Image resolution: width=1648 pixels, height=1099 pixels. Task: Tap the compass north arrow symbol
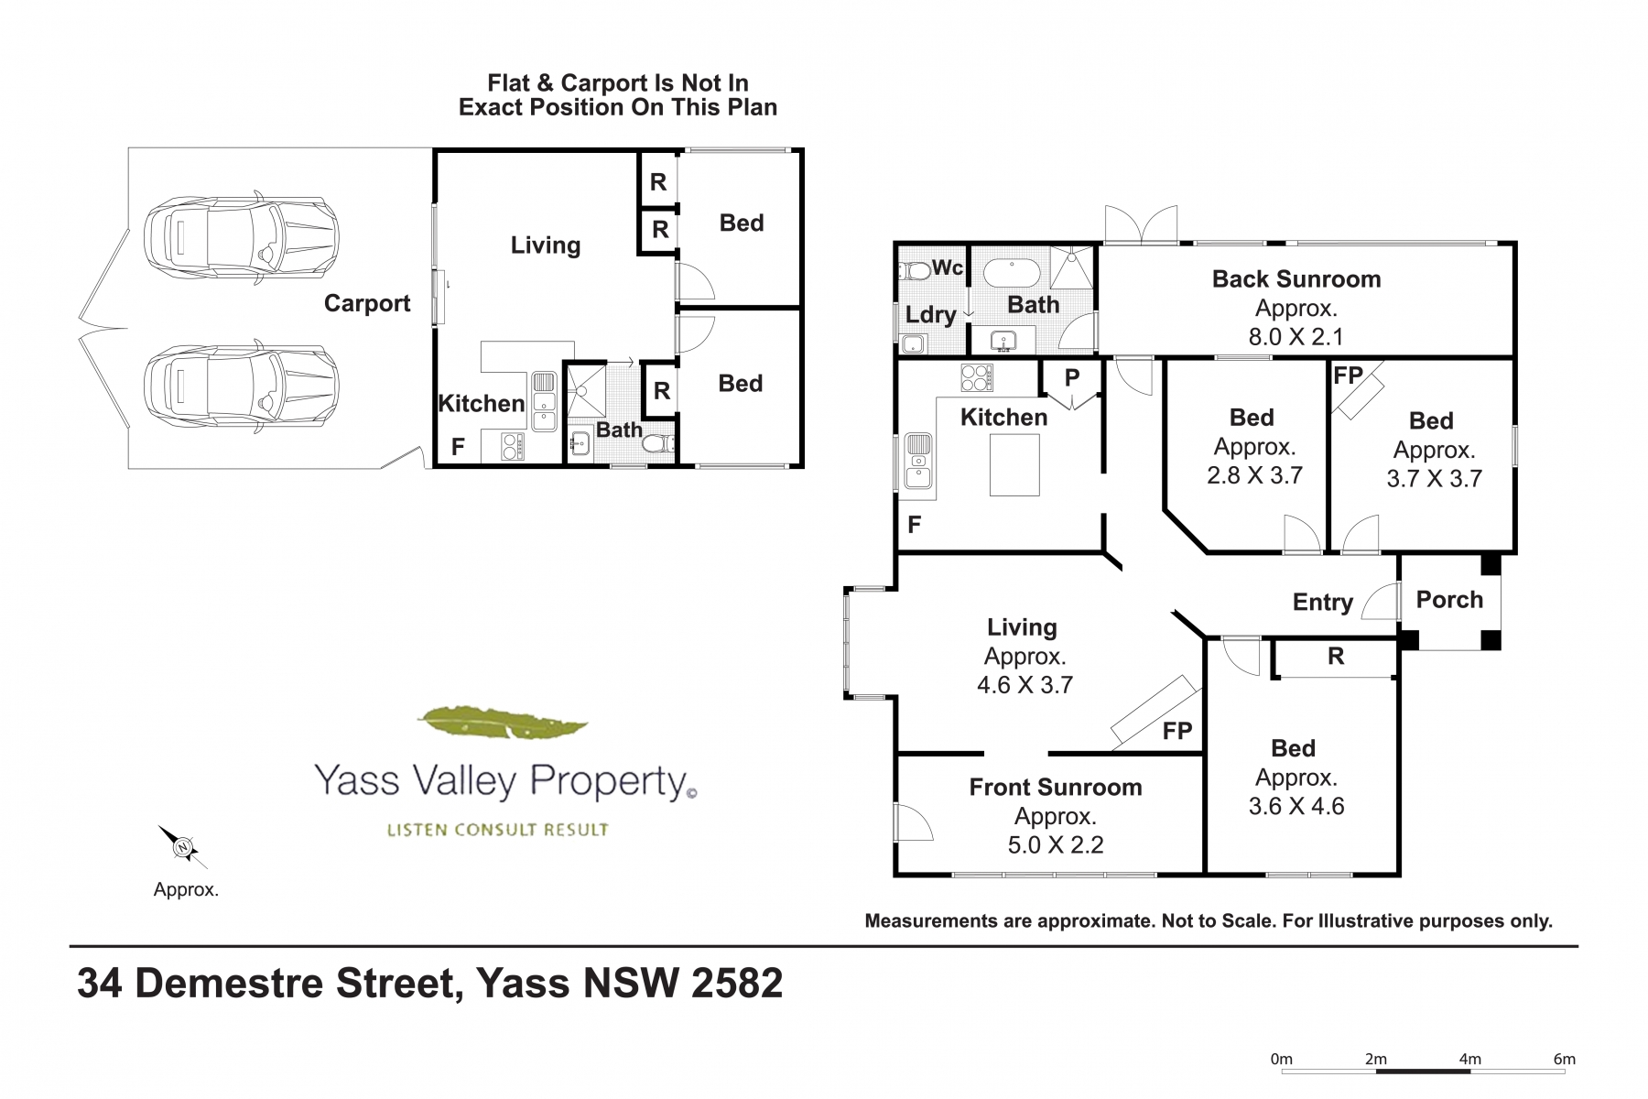point(183,847)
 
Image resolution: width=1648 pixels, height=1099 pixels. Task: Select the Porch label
point(1449,600)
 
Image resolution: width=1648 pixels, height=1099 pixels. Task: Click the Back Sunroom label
point(1296,279)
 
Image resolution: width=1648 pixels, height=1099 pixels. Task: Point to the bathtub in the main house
point(1012,273)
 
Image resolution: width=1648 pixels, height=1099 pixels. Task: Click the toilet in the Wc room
point(913,270)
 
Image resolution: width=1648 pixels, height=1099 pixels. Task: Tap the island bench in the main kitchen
point(1014,465)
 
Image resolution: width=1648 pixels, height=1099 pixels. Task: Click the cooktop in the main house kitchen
point(977,377)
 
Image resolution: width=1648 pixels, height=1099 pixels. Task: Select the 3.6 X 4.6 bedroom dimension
point(1296,806)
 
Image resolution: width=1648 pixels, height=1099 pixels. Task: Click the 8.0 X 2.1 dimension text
point(1296,337)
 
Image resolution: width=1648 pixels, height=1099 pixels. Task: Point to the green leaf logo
point(502,724)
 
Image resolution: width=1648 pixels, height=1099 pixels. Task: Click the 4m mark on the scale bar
point(1469,1060)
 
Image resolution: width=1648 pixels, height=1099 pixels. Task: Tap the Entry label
point(1323,603)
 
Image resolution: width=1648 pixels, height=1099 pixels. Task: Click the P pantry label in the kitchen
point(1072,377)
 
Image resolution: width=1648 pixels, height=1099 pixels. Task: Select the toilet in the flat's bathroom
point(660,444)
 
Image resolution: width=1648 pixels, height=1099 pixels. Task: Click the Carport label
point(367,304)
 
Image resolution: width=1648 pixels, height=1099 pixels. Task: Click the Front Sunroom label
point(1056,788)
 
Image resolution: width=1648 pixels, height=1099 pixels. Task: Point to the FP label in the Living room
point(1177,731)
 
